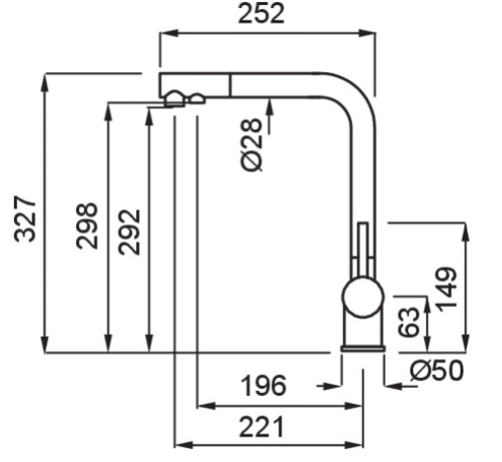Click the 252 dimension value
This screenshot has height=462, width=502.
(261, 14)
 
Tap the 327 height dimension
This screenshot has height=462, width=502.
(25, 219)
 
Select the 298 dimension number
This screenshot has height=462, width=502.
(87, 226)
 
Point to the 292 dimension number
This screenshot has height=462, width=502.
(129, 232)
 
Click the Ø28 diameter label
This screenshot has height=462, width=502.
(251, 145)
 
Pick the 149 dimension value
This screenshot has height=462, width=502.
(446, 289)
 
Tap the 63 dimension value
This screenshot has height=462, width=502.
(408, 322)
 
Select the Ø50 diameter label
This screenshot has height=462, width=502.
(437, 370)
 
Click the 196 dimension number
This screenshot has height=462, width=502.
(263, 386)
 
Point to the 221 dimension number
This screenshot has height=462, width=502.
(261, 426)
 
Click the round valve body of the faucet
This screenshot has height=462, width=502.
(363, 297)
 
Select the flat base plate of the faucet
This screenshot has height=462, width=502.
(363, 348)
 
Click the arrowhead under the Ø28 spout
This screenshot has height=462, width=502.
(269, 108)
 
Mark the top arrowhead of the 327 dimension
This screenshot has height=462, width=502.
(45, 83)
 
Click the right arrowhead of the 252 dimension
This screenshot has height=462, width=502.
(366, 33)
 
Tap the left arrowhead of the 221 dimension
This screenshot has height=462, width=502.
(183, 445)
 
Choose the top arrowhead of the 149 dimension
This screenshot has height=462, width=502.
(466, 232)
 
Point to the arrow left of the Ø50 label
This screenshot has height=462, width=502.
(400, 386)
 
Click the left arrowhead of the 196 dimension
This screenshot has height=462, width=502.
(207, 406)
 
